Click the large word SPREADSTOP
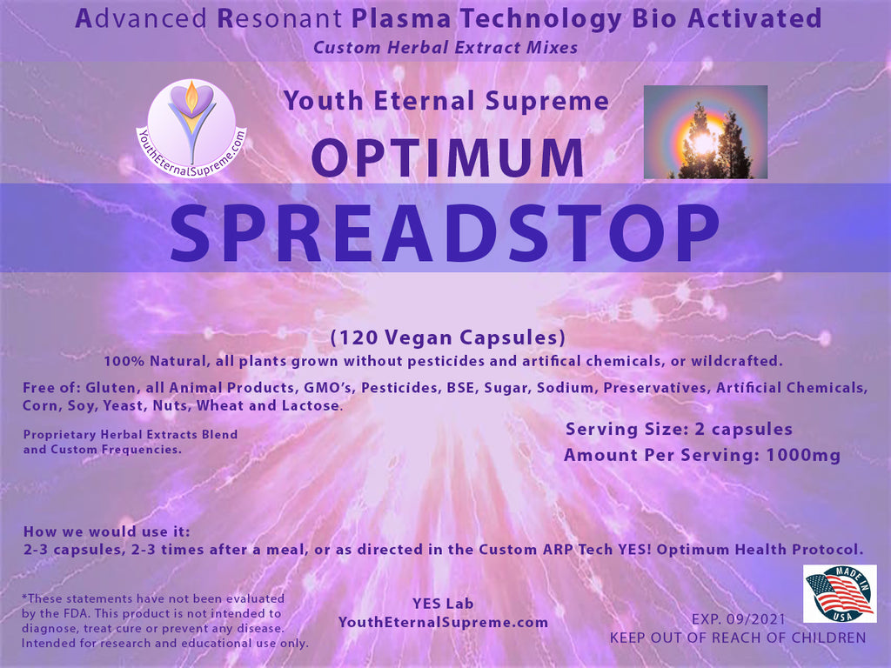445,233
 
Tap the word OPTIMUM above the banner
448,158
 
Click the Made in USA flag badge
840,593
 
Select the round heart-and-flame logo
191,129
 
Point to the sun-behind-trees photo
705,132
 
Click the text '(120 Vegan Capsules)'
448,337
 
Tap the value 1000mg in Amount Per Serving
803,455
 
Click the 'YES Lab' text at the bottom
443,604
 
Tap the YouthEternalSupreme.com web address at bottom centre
443,623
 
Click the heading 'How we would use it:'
107,531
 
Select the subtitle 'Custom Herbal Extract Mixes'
445,47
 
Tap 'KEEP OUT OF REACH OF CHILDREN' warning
738,638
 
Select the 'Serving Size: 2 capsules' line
679,430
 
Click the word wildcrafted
736,361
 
